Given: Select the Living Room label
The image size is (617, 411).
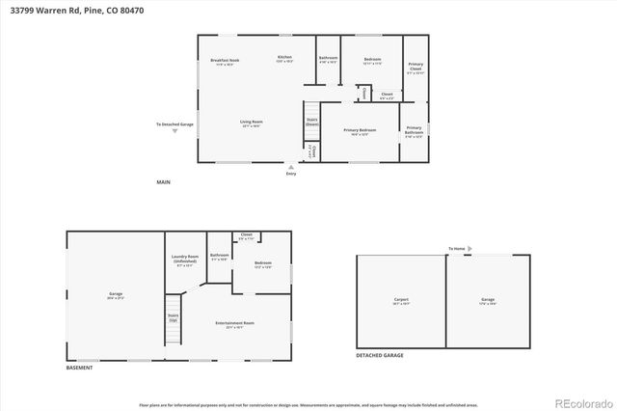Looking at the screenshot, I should click(x=252, y=122).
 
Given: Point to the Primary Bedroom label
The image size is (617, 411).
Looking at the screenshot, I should click(x=360, y=129).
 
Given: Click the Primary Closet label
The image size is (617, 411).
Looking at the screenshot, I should click(x=415, y=68).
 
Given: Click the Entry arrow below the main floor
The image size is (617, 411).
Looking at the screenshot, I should click(x=291, y=166).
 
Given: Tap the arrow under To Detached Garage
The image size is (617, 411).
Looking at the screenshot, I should click(x=174, y=131).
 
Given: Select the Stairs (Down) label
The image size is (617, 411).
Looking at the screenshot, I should click(x=311, y=123).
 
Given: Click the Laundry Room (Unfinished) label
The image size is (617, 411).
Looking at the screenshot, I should click(x=185, y=260).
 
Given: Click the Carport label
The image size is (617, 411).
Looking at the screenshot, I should click(x=401, y=299).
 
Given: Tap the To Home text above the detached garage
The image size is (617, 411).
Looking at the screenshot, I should click(x=456, y=249).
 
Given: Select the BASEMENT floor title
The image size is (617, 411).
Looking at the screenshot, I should click(x=80, y=369).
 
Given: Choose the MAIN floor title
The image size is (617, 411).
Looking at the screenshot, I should click(x=165, y=181).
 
